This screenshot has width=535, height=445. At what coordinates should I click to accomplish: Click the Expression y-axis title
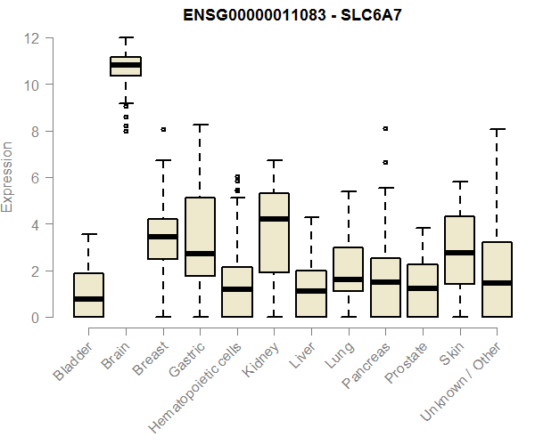point(8,176)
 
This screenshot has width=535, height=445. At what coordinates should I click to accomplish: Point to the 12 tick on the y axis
point(32,38)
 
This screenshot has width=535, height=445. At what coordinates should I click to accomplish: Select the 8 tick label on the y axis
point(34,131)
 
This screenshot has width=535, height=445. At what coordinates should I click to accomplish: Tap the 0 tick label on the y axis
point(34,317)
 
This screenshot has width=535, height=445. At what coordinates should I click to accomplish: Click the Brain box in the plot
point(126,66)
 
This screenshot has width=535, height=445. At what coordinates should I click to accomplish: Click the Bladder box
point(88,295)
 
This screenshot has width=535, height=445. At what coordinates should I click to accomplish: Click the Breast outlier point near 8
point(163,129)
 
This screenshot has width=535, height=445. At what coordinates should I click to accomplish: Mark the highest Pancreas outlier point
point(385,128)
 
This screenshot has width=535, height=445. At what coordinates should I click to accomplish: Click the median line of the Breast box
point(163,237)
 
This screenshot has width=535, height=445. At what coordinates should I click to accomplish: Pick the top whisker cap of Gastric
point(200,125)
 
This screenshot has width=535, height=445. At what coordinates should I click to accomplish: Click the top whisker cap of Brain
point(126,37)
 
